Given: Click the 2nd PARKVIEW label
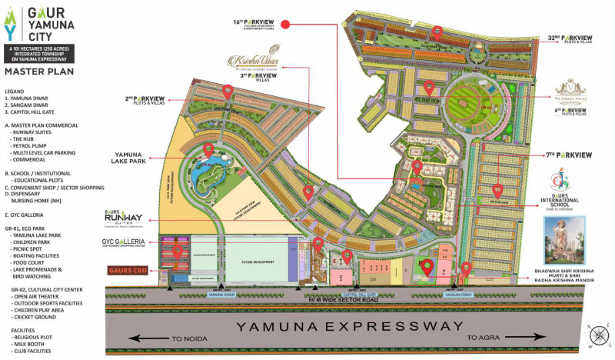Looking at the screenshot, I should (x=144, y=101).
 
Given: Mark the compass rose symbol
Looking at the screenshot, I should (x=596, y=335).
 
